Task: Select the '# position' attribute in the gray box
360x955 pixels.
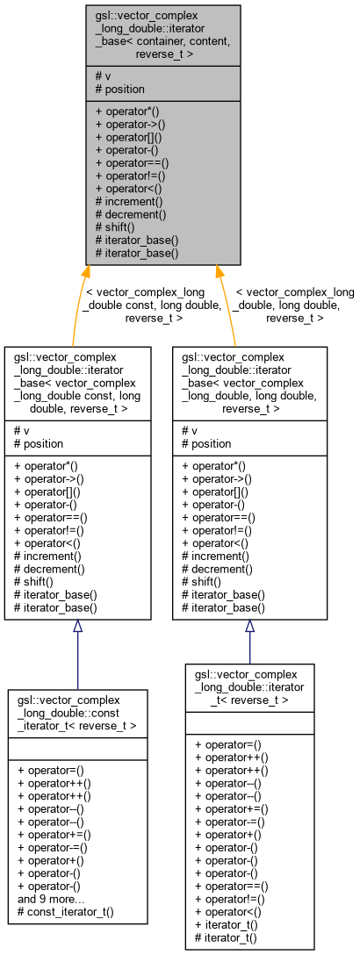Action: [x=119, y=90]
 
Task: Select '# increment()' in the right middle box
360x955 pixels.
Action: [x=215, y=556]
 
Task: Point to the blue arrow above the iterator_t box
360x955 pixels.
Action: [x=249, y=641]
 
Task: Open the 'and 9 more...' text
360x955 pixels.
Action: [x=51, y=899]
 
